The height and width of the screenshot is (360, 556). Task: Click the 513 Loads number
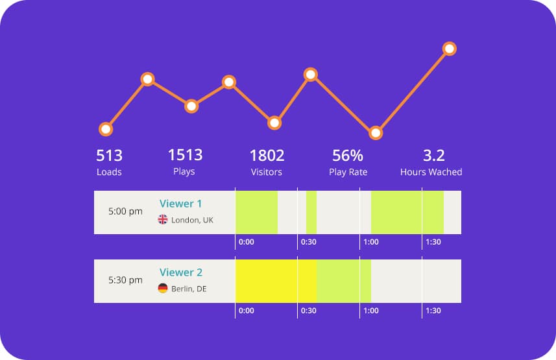click(109, 156)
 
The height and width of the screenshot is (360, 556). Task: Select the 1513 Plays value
click(185, 155)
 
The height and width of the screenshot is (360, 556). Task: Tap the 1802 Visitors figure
click(267, 156)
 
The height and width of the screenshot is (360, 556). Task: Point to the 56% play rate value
click(348, 156)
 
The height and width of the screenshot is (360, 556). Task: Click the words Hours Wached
click(431, 172)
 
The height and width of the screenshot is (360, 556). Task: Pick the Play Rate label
click(348, 172)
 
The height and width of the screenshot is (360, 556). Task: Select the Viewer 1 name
click(176, 204)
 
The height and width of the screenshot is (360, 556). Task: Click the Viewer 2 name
click(176, 272)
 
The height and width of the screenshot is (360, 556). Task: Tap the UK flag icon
click(163, 220)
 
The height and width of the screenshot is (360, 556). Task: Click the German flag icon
click(163, 289)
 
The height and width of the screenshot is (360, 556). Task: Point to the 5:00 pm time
click(125, 211)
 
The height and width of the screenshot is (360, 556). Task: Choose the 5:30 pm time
click(125, 280)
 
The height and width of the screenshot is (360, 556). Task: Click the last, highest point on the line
click(449, 49)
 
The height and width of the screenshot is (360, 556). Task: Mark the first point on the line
click(105, 129)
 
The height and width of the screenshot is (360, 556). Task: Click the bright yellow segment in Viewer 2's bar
click(276, 281)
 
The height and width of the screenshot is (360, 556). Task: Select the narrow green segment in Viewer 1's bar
click(311, 212)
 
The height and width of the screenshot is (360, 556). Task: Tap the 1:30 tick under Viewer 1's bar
click(433, 242)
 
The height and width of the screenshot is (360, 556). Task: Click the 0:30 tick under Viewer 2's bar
click(308, 311)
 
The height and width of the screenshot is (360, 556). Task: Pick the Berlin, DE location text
click(189, 289)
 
